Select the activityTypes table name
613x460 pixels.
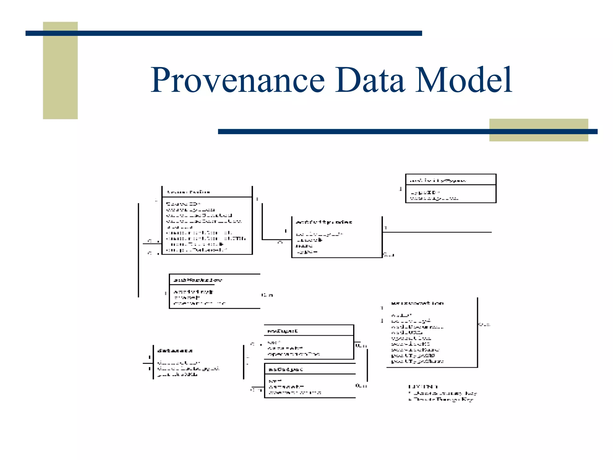[x=437, y=181]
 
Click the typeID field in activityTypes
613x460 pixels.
[x=425, y=192]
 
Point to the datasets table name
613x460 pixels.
[x=175, y=350]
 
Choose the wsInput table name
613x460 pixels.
[x=282, y=331]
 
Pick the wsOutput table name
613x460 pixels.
[x=286, y=369]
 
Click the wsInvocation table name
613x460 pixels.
[x=417, y=303]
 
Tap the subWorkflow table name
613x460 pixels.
[x=198, y=280]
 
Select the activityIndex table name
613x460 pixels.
[x=324, y=222]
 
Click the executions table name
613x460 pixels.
[x=189, y=192]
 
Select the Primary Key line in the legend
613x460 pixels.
[x=443, y=393]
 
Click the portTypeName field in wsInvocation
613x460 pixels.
[x=417, y=361]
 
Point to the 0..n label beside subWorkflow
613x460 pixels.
[x=267, y=295]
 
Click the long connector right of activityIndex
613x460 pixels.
[x=437, y=232]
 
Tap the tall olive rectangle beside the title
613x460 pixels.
[x=60, y=70]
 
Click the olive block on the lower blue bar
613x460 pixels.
[x=538, y=130]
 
